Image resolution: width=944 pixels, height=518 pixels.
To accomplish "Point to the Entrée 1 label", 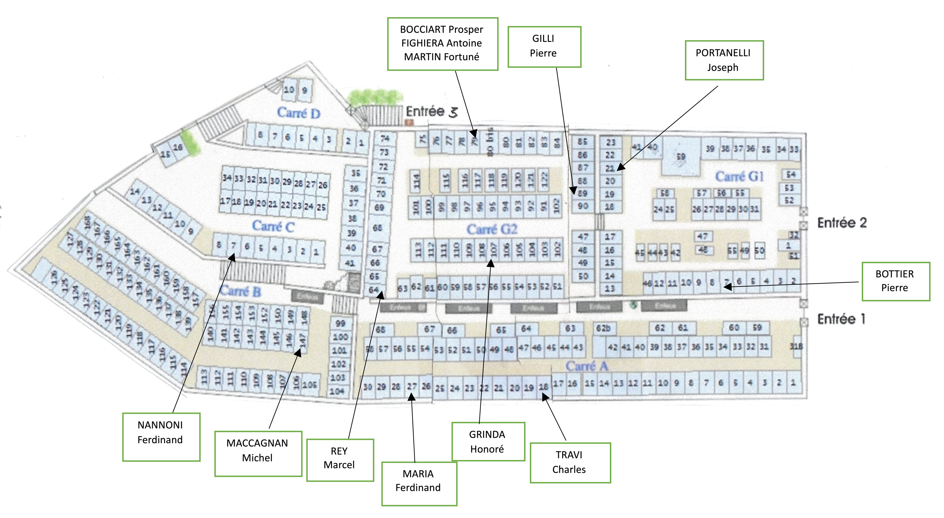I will click(x=841, y=319).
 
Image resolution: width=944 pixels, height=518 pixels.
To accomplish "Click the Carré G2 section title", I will click(x=492, y=230).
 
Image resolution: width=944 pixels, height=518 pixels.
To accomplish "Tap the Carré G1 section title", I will click(x=740, y=177).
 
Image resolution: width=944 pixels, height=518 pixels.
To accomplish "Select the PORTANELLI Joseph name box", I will click(x=724, y=60).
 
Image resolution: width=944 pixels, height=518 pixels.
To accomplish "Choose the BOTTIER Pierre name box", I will click(x=895, y=281).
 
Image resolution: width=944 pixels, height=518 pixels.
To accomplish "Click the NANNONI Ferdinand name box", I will click(x=161, y=437).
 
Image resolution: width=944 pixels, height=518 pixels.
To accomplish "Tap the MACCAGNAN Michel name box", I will click(x=258, y=454).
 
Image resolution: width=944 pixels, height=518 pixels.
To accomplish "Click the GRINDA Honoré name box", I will click(x=488, y=442).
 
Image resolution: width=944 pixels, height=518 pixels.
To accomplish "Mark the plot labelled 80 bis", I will click(x=490, y=141).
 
